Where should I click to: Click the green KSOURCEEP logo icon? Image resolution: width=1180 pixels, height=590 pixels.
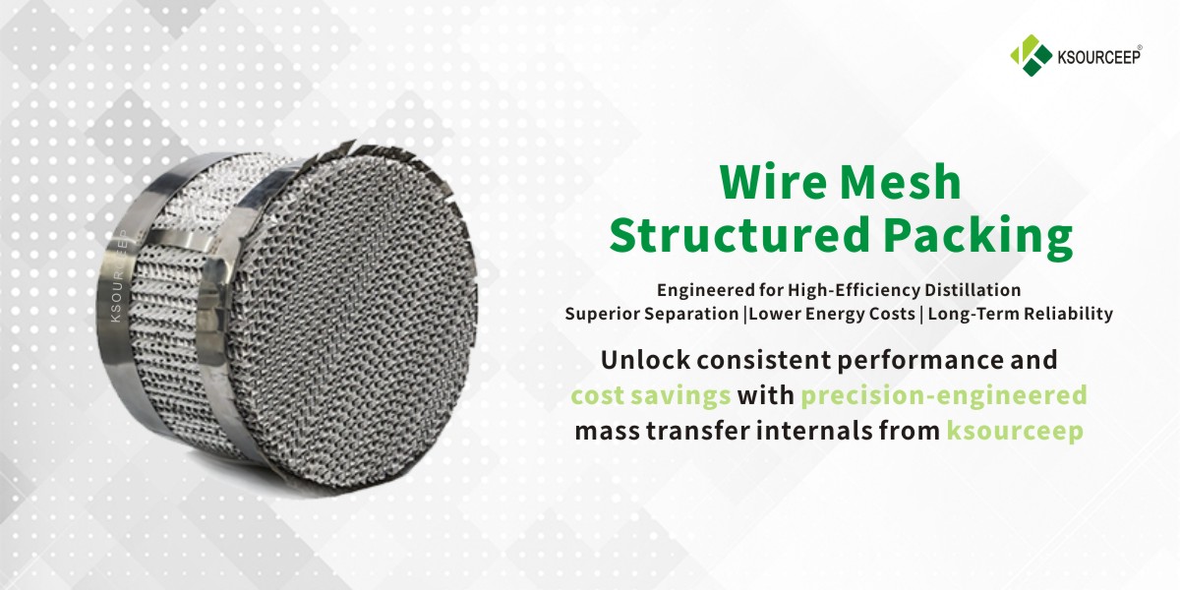[x=1029, y=56]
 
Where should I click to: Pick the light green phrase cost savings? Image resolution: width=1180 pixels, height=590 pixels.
[x=651, y=395]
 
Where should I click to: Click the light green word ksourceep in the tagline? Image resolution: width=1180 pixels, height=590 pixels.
[x=1014, y=431]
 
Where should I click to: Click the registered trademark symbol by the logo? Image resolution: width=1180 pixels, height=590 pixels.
[x=1166, y=47]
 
